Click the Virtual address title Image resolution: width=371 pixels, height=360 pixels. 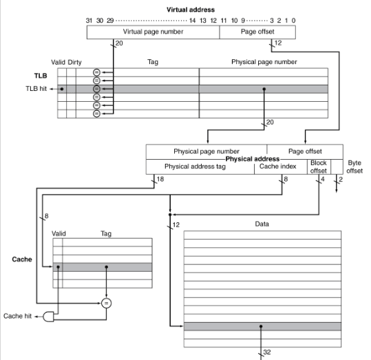191,10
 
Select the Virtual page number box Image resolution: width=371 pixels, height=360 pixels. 153,32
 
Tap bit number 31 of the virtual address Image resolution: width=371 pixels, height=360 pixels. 89,21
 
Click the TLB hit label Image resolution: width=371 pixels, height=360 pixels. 36,89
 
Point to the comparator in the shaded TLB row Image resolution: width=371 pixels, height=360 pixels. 96,89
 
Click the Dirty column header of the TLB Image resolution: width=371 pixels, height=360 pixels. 75,62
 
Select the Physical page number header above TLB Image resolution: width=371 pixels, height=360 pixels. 264,62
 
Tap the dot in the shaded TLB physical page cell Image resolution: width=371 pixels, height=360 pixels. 264,89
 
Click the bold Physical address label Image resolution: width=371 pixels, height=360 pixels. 253,158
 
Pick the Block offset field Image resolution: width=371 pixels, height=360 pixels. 319,167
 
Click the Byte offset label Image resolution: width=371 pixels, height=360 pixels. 354,167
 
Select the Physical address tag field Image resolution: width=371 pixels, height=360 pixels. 200,167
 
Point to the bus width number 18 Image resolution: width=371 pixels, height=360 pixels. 160,179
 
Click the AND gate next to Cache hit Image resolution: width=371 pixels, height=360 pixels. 48,317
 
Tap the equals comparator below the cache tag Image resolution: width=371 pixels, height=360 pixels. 106,303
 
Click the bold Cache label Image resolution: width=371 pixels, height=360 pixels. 22,260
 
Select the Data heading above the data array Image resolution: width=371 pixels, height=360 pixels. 262,224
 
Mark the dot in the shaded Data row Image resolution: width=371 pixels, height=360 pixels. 261,326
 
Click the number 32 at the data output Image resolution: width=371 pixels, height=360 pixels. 267,352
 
